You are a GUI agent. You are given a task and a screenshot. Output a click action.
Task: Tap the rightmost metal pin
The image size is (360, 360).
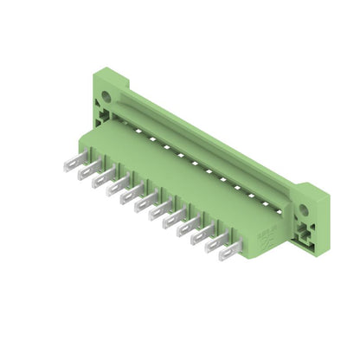(229, 252)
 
